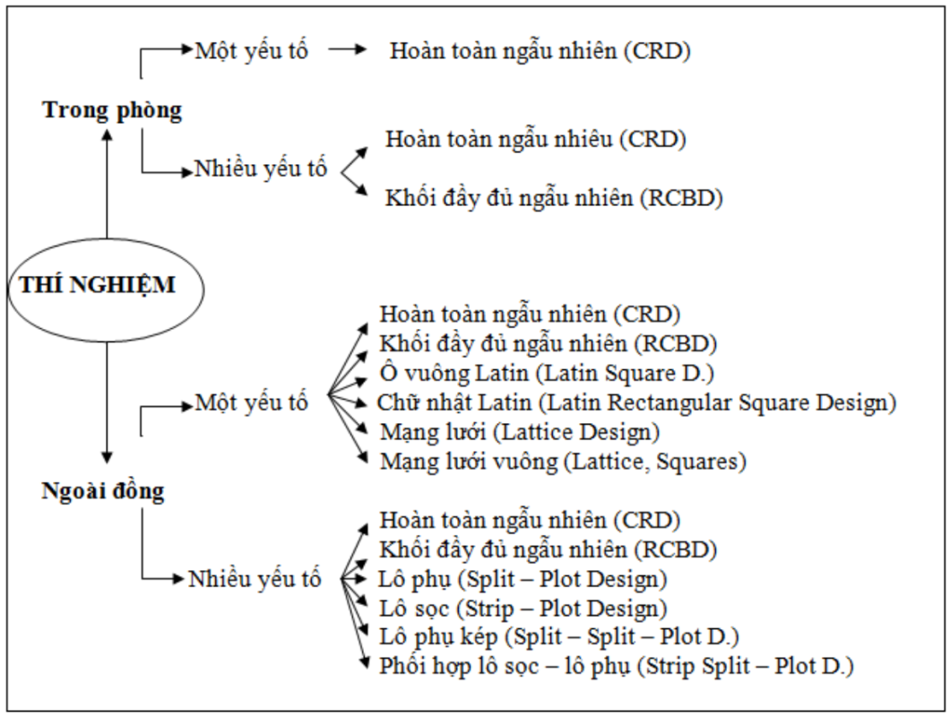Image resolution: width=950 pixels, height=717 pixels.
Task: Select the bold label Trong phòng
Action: pyautogui.click(x=113, y=110)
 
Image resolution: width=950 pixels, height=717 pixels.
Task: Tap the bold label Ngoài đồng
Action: pyautogui.click(x=103, y=490)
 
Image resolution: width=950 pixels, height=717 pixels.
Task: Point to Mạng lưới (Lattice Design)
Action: pyautogui.click(x=520, y=432)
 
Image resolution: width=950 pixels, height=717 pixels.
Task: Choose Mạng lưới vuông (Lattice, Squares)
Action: pyautogui.click(x=564, y=462)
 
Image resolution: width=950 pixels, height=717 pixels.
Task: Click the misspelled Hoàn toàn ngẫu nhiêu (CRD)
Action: pyautogui.click(x=535, y=139)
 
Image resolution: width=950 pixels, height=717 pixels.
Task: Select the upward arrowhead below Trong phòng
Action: pyautogui.click(x=107, y=134)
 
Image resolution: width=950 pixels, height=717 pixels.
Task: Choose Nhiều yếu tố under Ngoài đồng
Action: pyautogui.click(x=255, y=578)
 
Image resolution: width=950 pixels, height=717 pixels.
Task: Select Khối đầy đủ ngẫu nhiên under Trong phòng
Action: pyautogui.click(x=553, y=197)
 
